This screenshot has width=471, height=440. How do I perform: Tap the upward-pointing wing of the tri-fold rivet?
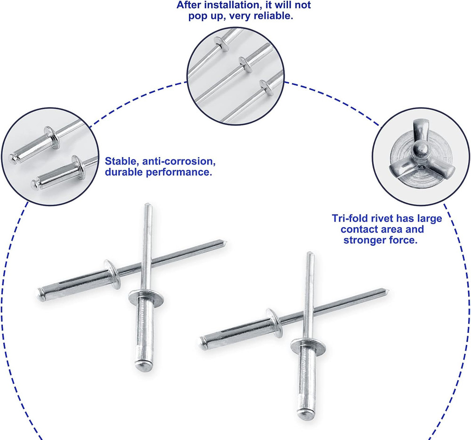tap(419, 131)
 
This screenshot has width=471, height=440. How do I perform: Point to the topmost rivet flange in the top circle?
tap(219, 43)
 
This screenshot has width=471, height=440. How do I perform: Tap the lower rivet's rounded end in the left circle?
tap(34, 183)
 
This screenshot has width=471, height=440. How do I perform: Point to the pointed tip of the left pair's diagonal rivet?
tap(226, 241)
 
